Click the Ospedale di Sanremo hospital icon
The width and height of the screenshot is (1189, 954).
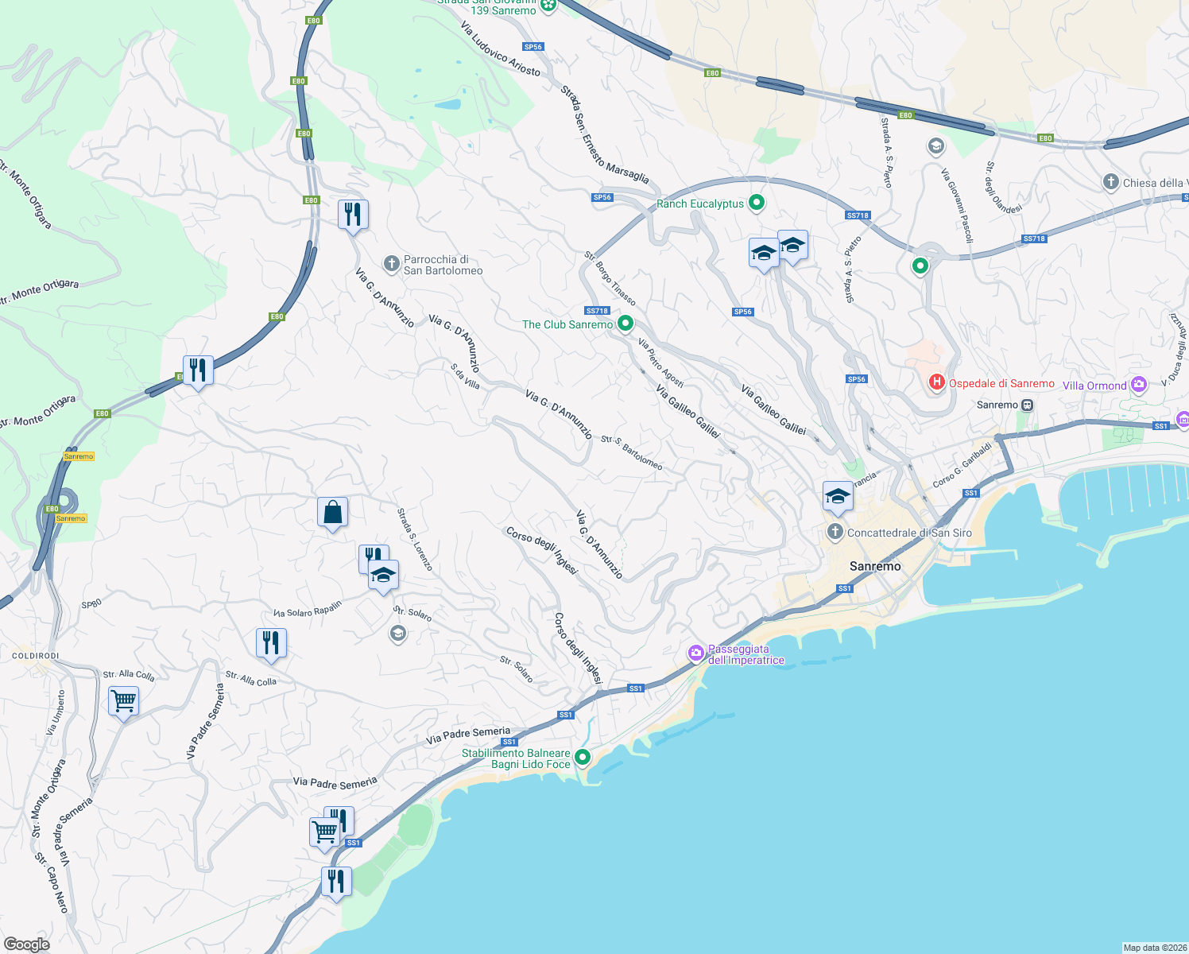[x=937, y=383]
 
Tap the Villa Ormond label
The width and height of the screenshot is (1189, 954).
[x=1094, y=386]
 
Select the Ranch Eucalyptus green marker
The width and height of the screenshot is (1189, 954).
[x=757, y=204]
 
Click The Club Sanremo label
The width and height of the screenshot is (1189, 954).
[x=567, y=324]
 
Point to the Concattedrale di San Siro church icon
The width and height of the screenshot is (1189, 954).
[x=835, y=532]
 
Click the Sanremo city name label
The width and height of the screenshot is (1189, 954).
[x=875, y=566]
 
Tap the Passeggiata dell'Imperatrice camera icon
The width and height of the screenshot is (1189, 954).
[x=696, y=653]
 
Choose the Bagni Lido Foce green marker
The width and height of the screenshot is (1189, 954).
[x=583, y=758]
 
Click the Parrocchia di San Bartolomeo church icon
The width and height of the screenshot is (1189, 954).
[x=391, y=263]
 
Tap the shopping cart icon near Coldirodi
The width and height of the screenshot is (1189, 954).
[x=123, y=702]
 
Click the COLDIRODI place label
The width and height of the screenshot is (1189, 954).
[x=36, y=656]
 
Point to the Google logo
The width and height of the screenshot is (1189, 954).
[x=27, y=944]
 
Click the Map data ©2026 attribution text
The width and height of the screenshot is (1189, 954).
[x=1154, y=948]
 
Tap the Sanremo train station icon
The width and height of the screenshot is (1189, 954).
[x=1027, y=405]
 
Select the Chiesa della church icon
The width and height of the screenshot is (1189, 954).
[x=1111, y=183]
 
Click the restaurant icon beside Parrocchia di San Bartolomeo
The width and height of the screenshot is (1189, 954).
[x=353, y=214]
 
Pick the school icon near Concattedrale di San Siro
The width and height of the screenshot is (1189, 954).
[x=838, y=497]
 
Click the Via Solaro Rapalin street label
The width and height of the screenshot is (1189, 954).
[x=308, y=609]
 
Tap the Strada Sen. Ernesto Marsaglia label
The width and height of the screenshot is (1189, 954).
[x=604, y=135]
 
